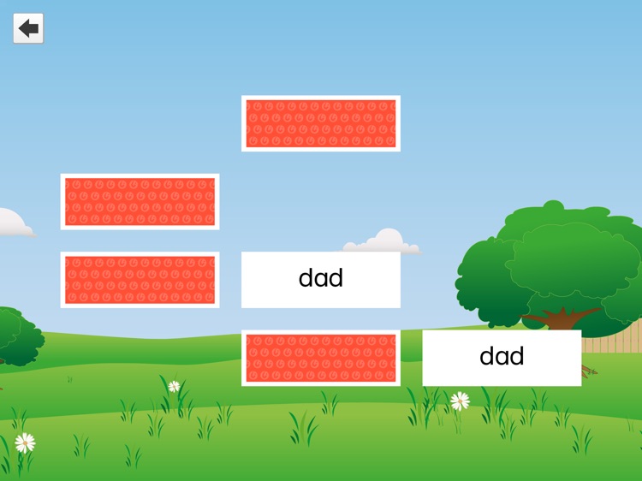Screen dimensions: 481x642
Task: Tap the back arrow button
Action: [x=28, y=28]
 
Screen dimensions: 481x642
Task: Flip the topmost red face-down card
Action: [x=321, y=123]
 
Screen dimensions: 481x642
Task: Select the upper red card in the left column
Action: [x=140, y=201]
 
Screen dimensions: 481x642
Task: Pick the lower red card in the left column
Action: [x=140, y=280]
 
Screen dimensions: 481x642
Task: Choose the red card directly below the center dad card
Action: [x=321, y=358]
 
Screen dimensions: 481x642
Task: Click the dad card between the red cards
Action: [x=321, y=279]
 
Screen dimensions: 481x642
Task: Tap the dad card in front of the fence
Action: [x=502, y=358]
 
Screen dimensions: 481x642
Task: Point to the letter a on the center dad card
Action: [x=321, y=279]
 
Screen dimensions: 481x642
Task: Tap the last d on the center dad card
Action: [x=336, y=277]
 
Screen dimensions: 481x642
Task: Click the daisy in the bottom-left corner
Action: [x=25, y=442]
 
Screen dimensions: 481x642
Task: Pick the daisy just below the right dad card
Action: [x=461, y=400]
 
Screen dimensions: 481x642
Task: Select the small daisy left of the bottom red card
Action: [x=175, y=386]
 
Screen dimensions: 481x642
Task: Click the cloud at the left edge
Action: [x=13, y=223]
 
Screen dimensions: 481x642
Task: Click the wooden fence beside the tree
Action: [x=609, y=342]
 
